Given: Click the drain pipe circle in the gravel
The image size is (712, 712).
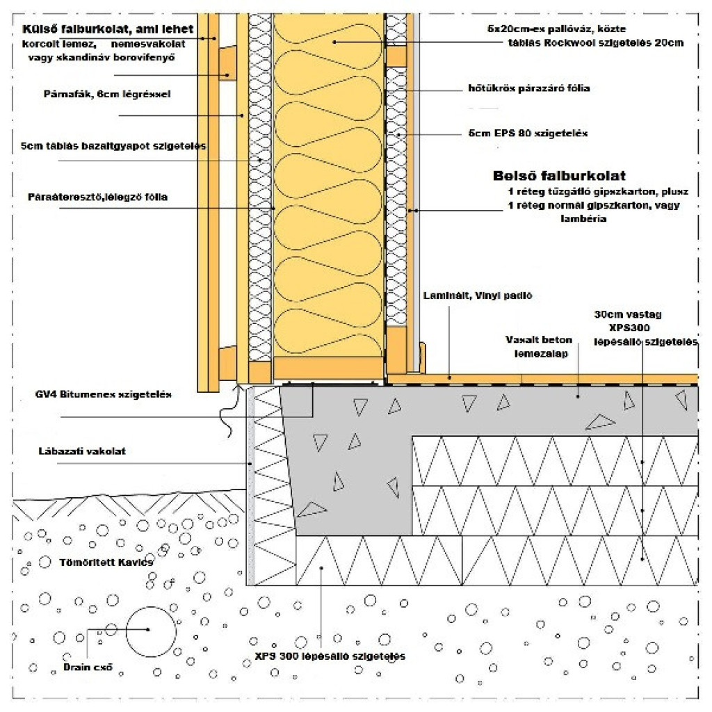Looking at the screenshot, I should [151, 630].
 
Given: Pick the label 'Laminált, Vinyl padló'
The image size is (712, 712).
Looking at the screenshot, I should [477, 296].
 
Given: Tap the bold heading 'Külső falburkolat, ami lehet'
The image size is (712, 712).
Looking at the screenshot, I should [108, 31].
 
